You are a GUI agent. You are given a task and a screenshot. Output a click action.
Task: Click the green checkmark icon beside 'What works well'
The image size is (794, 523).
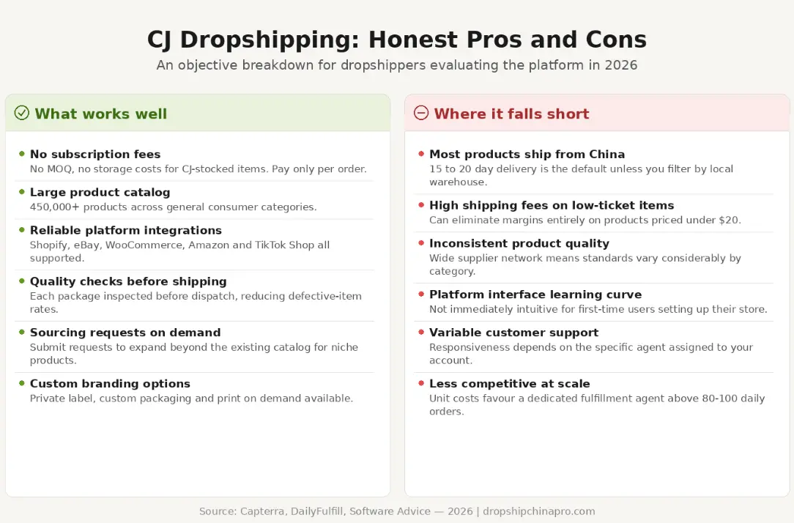pyautogui.click(x=22, y=113)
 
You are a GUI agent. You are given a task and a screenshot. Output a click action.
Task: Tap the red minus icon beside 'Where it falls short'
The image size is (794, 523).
pyautogui.click(x=421, y=113)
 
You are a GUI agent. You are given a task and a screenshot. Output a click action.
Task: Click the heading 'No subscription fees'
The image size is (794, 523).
pyautogui.click(x=95, y=154)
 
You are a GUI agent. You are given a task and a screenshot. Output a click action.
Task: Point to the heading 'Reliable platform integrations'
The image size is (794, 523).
pyautogui.click(x=125, y=230)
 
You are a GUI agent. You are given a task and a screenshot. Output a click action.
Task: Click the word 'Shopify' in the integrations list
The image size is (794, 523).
pyautogui.click(x=48, y=245)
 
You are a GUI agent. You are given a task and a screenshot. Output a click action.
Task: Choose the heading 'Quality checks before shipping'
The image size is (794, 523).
pyautogui.click(x=128, y=281)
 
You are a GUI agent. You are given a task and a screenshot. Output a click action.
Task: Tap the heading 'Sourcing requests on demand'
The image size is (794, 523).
pyautogui.click(x=125, y=333)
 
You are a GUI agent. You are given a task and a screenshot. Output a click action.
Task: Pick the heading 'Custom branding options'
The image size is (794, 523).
pyautogui.click(x=110, y=384)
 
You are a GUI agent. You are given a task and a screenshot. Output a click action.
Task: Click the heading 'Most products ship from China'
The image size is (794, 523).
pyautogui.click(x=527, y=154)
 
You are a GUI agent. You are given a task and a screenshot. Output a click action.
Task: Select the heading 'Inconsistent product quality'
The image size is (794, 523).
pyautogui.click(x=519, y=243)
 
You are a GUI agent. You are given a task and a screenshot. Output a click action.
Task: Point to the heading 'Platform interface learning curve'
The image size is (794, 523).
pyautogui.click(x=535, y=294)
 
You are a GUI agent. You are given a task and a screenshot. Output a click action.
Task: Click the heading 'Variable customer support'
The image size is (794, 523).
pyautogui.click(x=513, y=333)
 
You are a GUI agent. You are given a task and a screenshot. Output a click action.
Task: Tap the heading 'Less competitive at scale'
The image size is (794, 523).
pyautogui.click(x=509, y=384)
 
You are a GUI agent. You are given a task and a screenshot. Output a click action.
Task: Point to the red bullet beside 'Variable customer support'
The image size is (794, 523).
pyautogui.click(x=421, y=333)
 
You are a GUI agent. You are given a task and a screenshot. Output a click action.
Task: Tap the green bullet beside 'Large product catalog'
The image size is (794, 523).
pyautogui.click(x=22, y=192)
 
